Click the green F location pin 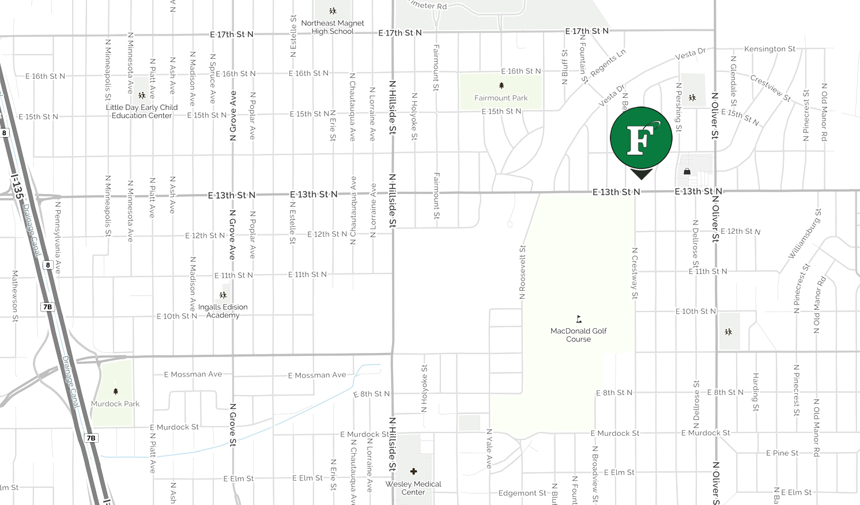point(641,138)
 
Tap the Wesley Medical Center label point(413,488)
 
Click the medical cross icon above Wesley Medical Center point(413,472)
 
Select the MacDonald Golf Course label point(579,335)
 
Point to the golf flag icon point(579,319)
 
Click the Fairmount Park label point(501,98)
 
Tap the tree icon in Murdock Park point(115,392)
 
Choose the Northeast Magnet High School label point(333,27)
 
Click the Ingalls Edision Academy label point(223,311)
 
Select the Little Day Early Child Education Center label point(142,111)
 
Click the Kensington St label point(770,49)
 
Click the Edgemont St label point(522,493)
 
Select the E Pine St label point(782,453)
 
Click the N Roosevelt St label point(522,272)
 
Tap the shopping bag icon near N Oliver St point(687,171)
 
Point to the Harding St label point(756,392)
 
